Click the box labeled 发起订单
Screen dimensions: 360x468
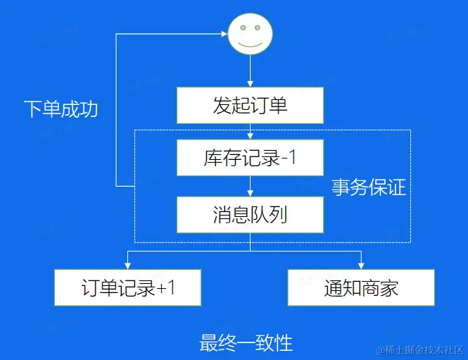pos(250,106)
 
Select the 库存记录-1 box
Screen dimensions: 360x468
pos(250,159)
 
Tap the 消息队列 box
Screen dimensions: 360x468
pos(250,215)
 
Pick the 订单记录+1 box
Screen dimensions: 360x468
pos(128,287)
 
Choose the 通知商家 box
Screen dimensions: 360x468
pos(361,287)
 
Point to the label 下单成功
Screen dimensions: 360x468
pos(60,109)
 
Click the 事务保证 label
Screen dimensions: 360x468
pos(369,187)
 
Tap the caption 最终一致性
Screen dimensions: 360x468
pos(246,343)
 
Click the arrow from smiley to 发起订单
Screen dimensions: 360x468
pos(250,70)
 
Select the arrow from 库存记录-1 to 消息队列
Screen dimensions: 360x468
pos(250,186)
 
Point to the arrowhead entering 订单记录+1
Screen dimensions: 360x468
pos(128,266)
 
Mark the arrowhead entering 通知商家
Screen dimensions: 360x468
pos(361,266)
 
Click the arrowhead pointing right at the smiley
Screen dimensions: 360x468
pos(224,32)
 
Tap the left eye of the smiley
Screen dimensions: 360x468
pos(243,28)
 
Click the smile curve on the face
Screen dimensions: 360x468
pos(250,44)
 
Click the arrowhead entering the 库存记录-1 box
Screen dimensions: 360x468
pos(250,137)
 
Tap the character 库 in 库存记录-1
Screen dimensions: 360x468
pos(213,159)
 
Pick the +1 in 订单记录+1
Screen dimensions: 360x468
pos(165,288)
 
